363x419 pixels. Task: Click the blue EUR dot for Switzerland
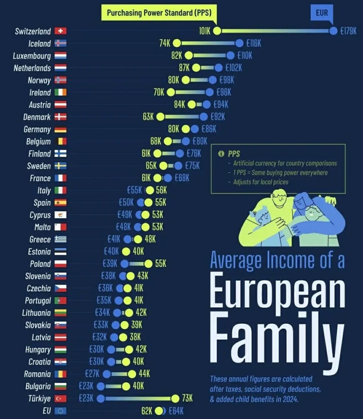click(333, 31)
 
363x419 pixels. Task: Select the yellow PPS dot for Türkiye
click(175, 398)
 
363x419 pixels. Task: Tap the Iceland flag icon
click(60, 43)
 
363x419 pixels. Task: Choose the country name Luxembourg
click(32, 55)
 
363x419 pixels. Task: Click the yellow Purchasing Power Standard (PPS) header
click(159, 13)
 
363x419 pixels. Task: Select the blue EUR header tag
click(322, 13)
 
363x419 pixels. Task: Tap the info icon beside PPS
click(221, 154)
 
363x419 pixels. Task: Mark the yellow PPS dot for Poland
click(148, 264)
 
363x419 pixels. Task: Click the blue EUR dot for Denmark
click(204, 117)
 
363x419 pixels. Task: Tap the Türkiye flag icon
click(60, 398)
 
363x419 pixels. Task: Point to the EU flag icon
click(60, 411)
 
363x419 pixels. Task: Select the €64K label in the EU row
click(175, 411)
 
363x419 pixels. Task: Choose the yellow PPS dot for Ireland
click(170, 92)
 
